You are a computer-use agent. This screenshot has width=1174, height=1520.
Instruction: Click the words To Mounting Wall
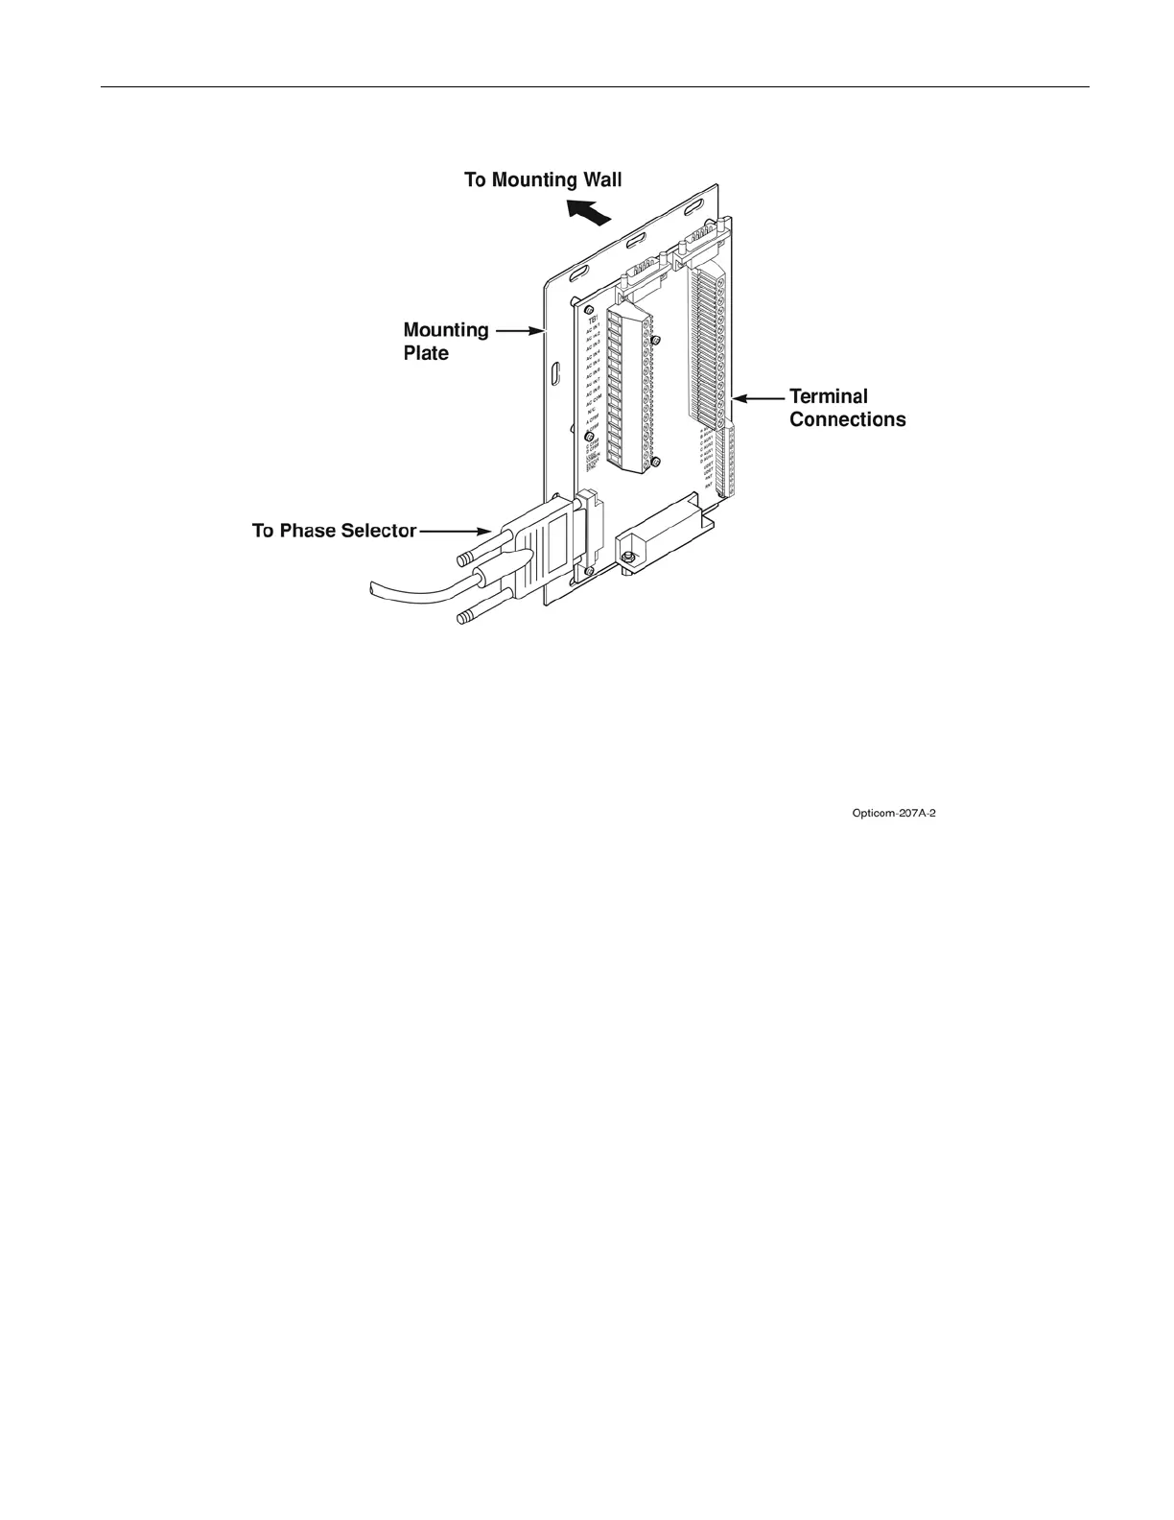tap(543, 180)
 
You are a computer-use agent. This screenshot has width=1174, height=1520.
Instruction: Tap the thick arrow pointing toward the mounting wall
tap(588, 212)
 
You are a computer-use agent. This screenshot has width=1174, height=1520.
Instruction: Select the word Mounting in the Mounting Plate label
tap(446, 331)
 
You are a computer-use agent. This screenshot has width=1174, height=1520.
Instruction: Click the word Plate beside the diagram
tap(426, 353)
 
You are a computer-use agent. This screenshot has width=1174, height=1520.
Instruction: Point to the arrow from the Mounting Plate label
tap(521, 331)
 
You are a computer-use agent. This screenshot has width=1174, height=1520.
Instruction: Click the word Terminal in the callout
tap(829, 396)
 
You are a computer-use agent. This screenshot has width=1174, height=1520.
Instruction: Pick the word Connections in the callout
tap(847, 419)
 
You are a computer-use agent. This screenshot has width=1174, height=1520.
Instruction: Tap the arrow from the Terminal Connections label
tap(758, 396)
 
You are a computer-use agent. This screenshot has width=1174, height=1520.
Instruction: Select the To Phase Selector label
tap(334, 530)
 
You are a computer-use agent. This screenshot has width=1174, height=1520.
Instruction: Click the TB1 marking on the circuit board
tap(593, 319)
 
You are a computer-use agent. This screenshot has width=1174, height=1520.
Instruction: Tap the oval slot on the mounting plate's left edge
tap(555, 373)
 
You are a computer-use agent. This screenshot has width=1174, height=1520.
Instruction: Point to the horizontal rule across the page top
tap(595, 87)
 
